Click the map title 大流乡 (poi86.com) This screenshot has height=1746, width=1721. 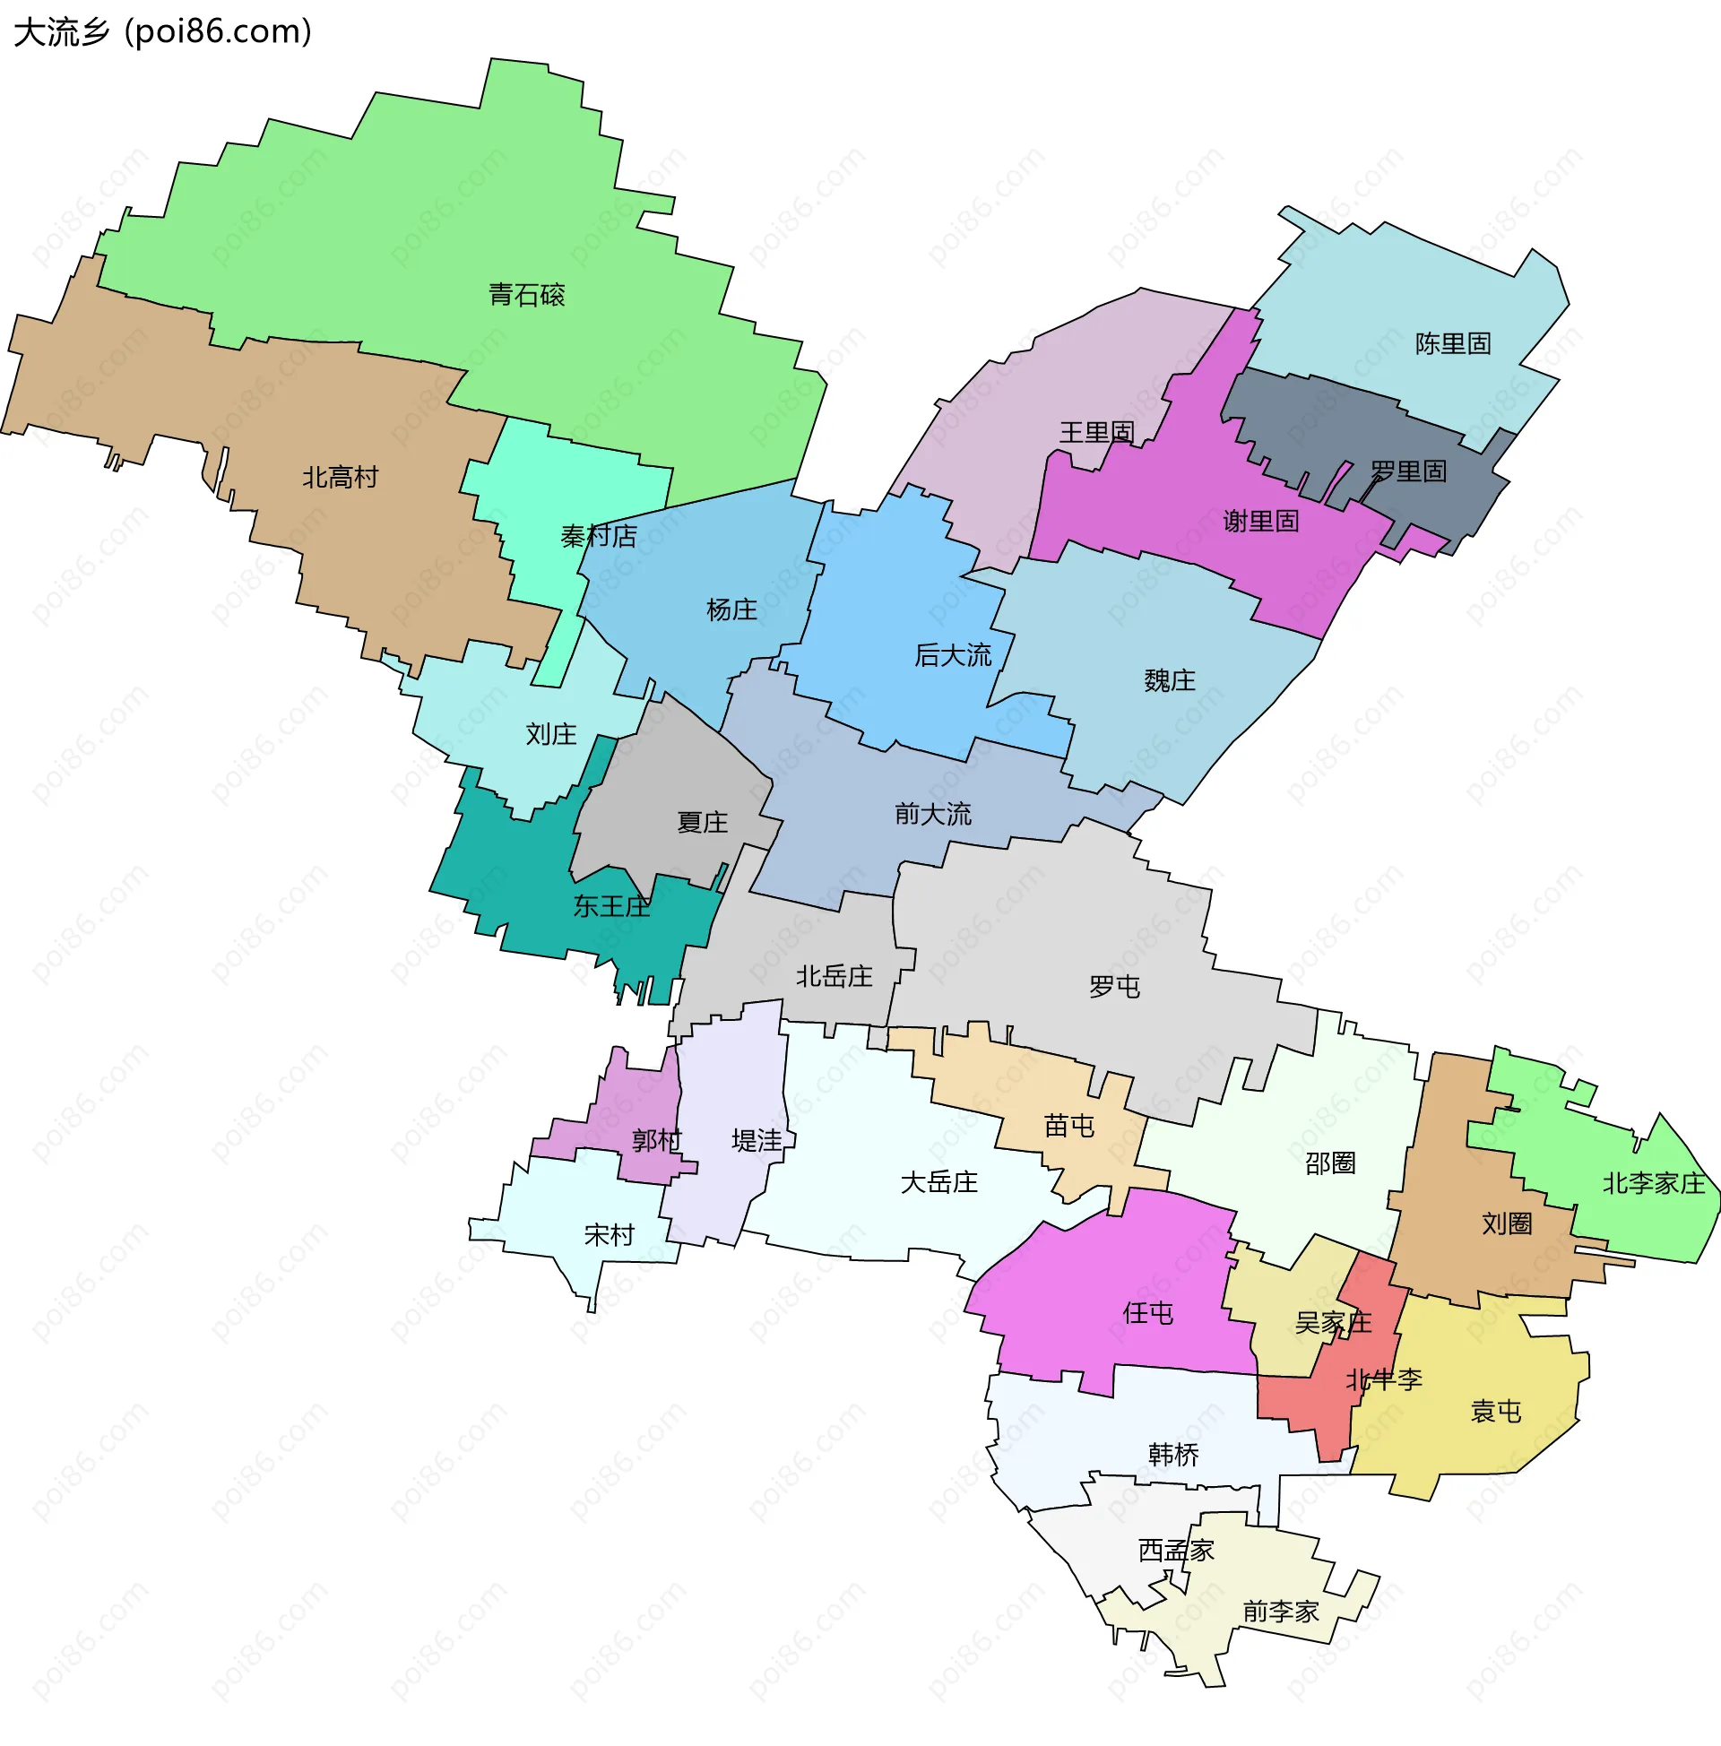click(163, 32)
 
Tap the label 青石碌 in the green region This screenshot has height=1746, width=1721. click(526, 295)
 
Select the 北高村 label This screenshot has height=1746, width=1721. click(340, 477)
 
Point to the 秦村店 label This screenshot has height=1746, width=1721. click(599, 536)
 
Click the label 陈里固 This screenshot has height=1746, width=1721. click(1453, 343)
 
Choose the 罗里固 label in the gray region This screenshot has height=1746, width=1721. click(1408, 471)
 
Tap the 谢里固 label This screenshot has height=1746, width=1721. click(1261, 521)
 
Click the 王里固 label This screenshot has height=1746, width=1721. click(1096, 432)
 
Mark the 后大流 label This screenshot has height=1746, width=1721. click(953, 655)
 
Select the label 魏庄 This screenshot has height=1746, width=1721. click(1170, 680)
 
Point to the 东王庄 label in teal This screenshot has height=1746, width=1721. click(611, 905)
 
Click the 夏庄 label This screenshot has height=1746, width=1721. click(703, 823)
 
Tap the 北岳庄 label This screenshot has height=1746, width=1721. click(834, 976)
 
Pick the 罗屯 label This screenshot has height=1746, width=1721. click(1114, 986)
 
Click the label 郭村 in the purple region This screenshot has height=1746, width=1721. click(656, 1140)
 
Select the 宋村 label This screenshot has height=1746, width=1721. click(610, 1234)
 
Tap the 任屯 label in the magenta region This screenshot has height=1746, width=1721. click(1148, 1313)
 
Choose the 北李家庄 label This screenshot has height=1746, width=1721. click(1653, 1183)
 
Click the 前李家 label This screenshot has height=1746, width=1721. click(1280, 1612)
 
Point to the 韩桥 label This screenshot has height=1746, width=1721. click(1173, 1454)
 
